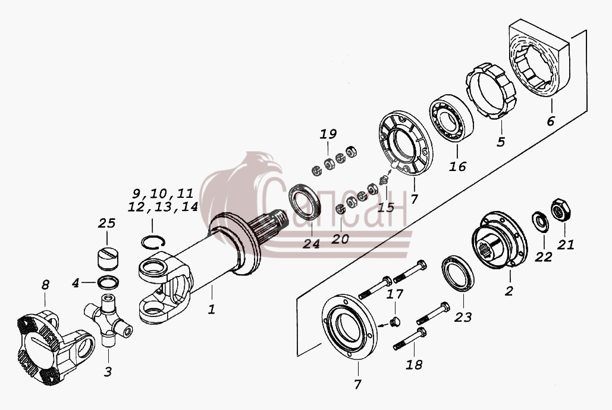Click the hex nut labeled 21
[561, 210]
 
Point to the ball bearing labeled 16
[451, 118]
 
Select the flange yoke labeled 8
[56, 343]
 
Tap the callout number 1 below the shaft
[212, 309]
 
